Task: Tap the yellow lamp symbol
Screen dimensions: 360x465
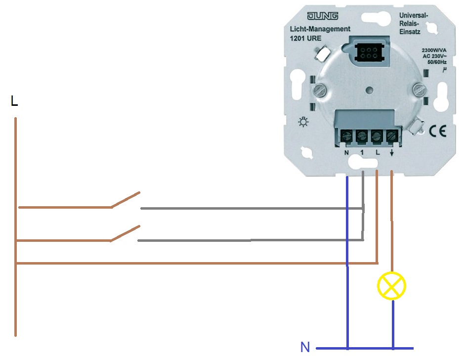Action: [x=391, y=286]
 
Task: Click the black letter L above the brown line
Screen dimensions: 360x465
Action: [x=14, y=102]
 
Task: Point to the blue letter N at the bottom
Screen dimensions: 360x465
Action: [x=305, y=347]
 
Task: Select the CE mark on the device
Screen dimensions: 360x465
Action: [x=437, y=131]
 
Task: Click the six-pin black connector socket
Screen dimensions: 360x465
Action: [x=367, y=51]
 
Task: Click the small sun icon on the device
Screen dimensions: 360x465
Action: [x=303, y=122]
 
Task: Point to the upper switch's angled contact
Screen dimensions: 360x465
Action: [x=126, y=200]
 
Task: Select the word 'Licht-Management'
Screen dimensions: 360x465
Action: [x=320, y=29]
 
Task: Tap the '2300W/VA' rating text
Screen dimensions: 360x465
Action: [x=433, y=50]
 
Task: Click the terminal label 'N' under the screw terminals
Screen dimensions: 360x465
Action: [x=347, y=153]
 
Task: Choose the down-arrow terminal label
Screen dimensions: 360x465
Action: [x=392, y=153]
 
